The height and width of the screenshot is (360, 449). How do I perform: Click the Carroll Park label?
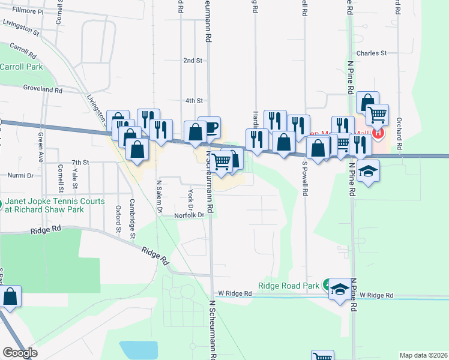(22, 67)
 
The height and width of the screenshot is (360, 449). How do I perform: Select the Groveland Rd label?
(43, 89)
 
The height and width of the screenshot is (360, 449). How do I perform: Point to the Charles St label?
(371, 53)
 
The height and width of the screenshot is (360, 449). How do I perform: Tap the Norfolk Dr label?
(190, 215)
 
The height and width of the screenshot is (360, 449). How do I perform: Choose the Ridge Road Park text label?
(288, 286)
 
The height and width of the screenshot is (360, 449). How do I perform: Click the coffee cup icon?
(209, 127)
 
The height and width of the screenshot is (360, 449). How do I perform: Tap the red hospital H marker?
(378, 133)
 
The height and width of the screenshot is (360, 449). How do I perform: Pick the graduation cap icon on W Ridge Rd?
(340, 290)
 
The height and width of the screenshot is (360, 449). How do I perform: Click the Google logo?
(20, 352)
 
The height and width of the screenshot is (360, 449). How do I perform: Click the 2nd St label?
(192, 61)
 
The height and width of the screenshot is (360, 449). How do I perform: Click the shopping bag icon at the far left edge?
(10, 296)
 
